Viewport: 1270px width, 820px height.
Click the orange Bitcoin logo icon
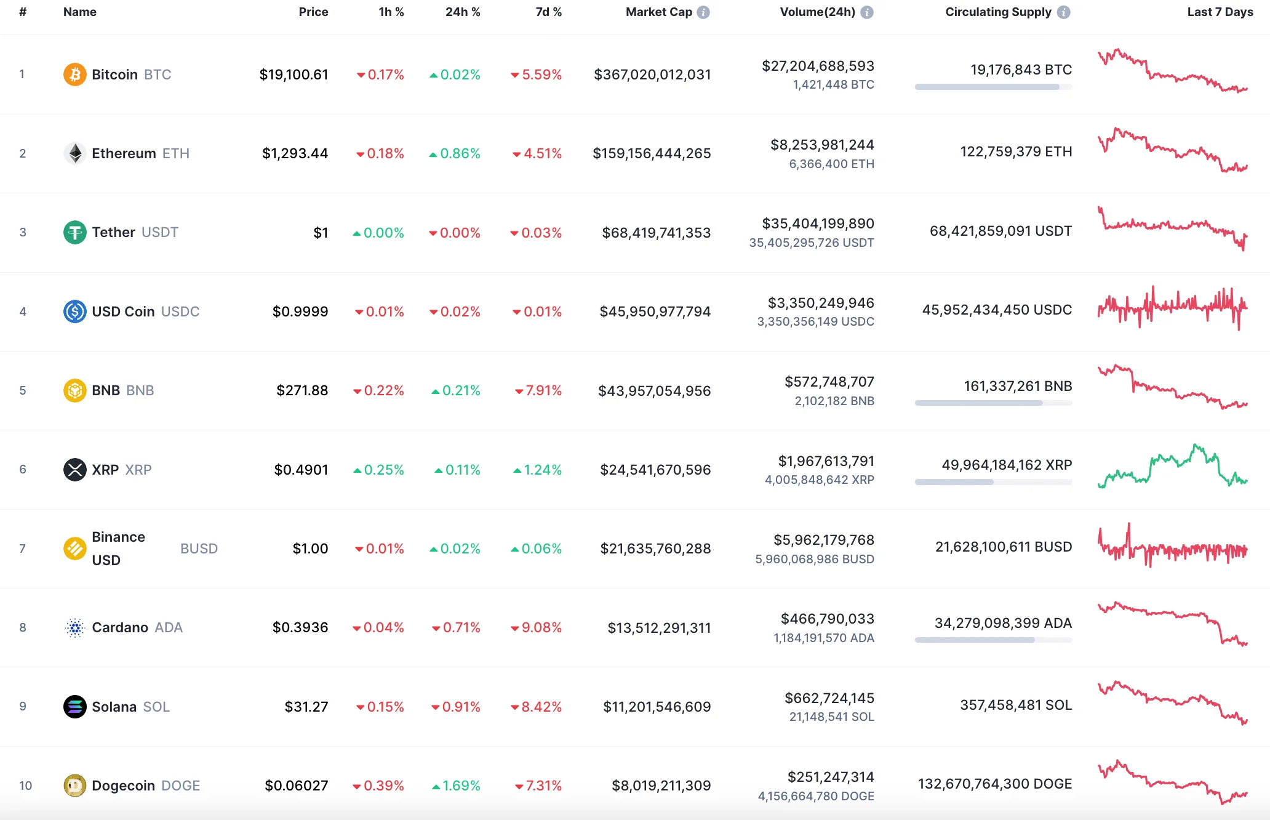coord(74,74)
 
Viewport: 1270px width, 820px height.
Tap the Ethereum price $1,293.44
coord(295,153)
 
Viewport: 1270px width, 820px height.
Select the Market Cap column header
coord(658,12)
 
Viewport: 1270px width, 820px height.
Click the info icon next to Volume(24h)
coord(867,12)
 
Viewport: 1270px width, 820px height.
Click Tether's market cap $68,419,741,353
coord(656,233)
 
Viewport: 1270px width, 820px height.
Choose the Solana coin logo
coord(74,707)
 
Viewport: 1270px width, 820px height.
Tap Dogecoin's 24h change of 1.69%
coord(456,786)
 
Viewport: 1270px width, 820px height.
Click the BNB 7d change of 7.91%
coord(538,390)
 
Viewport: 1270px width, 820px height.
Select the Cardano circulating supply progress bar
coord(993,640)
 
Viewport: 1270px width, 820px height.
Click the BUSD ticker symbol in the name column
coord(199,549)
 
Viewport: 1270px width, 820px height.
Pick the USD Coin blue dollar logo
coord(74,312)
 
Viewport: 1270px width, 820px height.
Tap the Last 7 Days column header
coord(1220,12)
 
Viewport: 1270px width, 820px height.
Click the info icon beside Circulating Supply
coord(1063,12)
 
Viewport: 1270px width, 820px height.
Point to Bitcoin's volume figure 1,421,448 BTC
coord(833,85)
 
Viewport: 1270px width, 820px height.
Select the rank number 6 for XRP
coord(23,469)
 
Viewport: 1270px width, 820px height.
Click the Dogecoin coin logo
coord(74,786)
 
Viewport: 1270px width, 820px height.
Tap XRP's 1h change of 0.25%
coord(378,470)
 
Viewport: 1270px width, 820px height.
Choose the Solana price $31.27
coord(306,707)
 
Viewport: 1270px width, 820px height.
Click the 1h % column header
coord(391,12)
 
